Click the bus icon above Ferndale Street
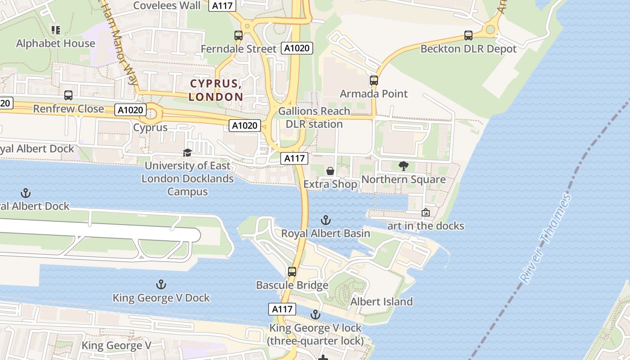pos(238,35)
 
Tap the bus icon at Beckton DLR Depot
pos(468,35)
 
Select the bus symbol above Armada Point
pos(374,81)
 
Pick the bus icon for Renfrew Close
pos(68,95)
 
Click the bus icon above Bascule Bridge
pos(292,271)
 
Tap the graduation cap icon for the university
pos(188,153)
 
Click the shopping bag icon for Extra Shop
pos(330,171)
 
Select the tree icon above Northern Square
pos(404,166)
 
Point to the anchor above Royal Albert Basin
pos(325,220)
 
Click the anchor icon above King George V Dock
pos(161,284)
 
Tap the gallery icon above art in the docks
pos(426,212)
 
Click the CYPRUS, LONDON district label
pos(216,90)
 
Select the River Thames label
pos(545,238)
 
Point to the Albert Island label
pos(382,301)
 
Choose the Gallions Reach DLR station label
pos(314,117)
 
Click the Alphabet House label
pos(56,44)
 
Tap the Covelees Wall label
pos(167,6)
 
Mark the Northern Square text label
pos(404,180)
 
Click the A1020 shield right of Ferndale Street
pos(297,48)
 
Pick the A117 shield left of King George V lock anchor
pos(282,309)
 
